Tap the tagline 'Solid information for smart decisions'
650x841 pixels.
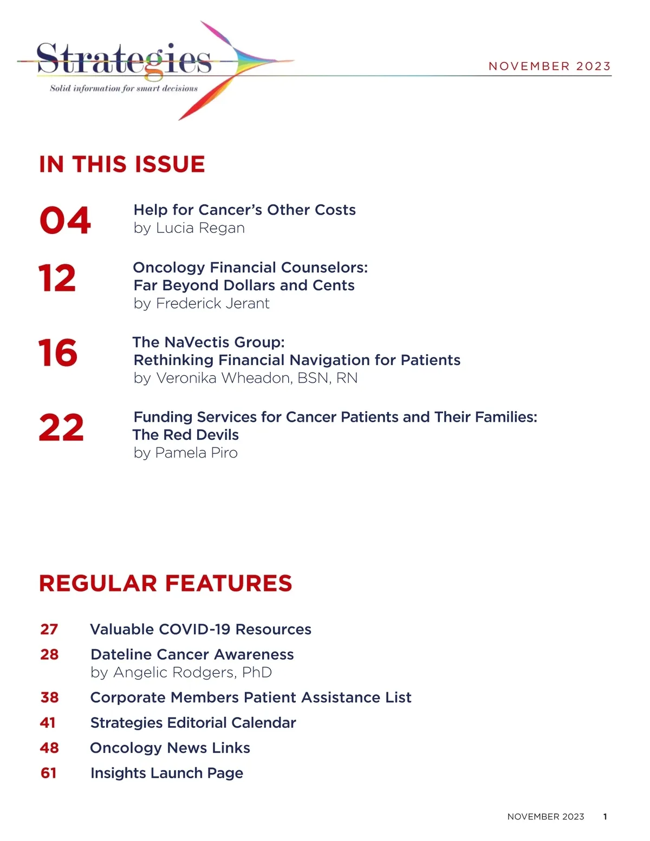[x=123, y=88]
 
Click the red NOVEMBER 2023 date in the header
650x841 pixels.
[x=549, y=66]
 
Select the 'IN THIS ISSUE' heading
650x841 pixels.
[x=122, y=164]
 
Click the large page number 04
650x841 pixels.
[x=65, y=220]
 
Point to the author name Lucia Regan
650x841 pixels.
[x=200, y=228]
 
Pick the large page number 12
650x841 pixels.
[x=57, y=278]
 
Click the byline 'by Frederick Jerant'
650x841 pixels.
[x=201, y=303]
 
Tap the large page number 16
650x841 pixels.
[x=57, y=353]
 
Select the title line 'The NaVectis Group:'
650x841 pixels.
[x=209, y=342]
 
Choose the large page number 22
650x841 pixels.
[x=61, y=428]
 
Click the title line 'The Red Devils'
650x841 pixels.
[x=186, y=435]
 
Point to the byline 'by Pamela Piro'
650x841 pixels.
[x=186, y=453]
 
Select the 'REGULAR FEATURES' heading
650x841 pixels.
[x=165, y=583]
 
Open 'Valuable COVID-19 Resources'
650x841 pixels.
[x=200, y=629]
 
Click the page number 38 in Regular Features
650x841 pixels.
[x=49, y=697]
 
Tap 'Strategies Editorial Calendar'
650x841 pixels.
[x=193, y=723]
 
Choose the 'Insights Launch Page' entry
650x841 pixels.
[x=167, y=773]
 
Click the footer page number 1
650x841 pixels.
[x=605, y=817]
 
